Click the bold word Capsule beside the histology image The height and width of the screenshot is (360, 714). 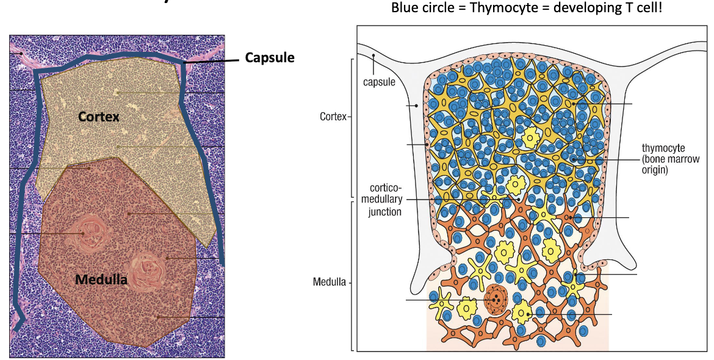tap(270, 57)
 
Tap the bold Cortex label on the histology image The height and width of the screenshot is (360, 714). tap(98, 116)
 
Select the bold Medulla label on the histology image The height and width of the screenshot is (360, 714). tap(101, 280)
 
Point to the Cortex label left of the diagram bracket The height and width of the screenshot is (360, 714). tap(331, 117)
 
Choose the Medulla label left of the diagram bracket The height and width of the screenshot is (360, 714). tap(329, 283)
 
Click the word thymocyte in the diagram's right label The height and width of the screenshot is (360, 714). tap(663, 148)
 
